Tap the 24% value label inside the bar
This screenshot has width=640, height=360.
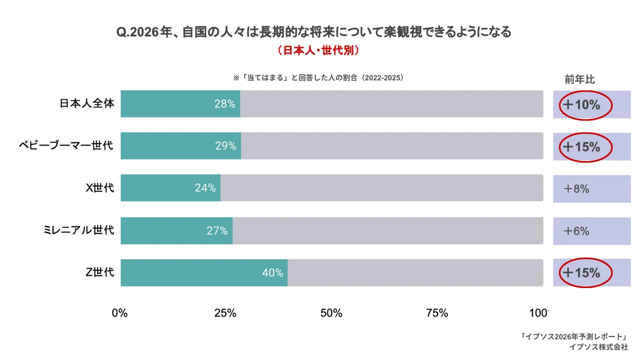[x=205, y=188]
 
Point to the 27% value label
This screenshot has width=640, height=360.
[x=217, y=231]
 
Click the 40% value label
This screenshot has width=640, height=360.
[x=272, y=273]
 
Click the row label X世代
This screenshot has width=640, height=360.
[x=100, y=188]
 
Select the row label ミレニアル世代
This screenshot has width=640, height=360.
[x=79, y=230]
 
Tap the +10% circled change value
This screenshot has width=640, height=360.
[x=582, y=105]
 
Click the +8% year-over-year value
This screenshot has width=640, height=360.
[x=577, y=189]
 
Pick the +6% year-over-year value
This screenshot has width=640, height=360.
[x=577, y=231]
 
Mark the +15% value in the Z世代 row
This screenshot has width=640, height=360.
[x=582, y=273]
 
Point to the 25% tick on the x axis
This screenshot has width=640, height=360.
[x=225, y=313]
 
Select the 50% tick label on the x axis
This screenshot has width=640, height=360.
[x=331, y=313]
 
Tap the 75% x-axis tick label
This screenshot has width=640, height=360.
[x=437, y=313]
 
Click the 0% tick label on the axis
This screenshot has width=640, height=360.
[x=119, y=313]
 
